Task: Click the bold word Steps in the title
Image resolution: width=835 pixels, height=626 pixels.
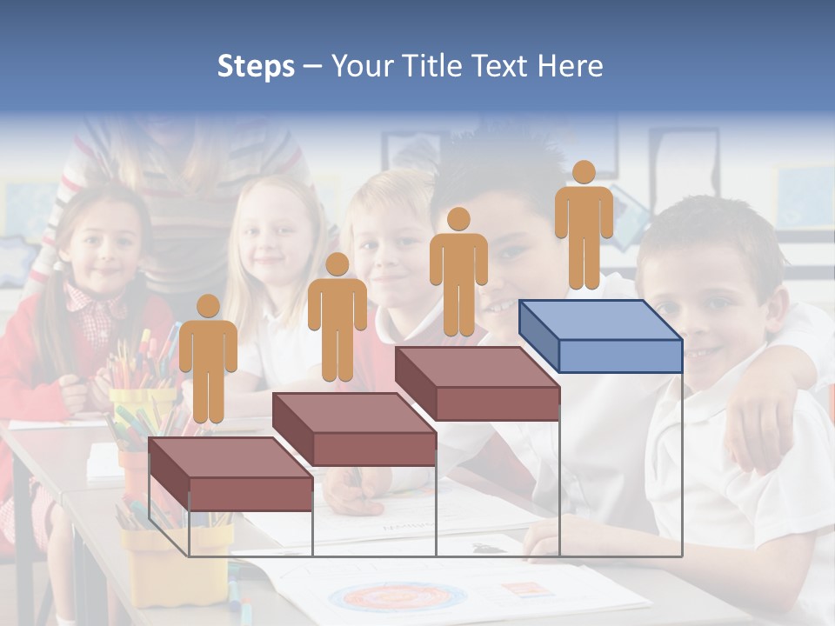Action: (256, 66)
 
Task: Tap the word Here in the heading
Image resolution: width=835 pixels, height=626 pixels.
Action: (570, 66)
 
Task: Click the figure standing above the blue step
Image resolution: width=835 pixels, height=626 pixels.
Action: (584, 228)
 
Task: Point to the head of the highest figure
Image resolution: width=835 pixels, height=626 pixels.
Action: (584, 172)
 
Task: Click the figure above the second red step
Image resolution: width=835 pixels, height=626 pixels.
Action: (337, 320)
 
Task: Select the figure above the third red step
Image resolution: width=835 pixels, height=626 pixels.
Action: (458, 274)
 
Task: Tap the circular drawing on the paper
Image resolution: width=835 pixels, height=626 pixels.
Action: (398, 597)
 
